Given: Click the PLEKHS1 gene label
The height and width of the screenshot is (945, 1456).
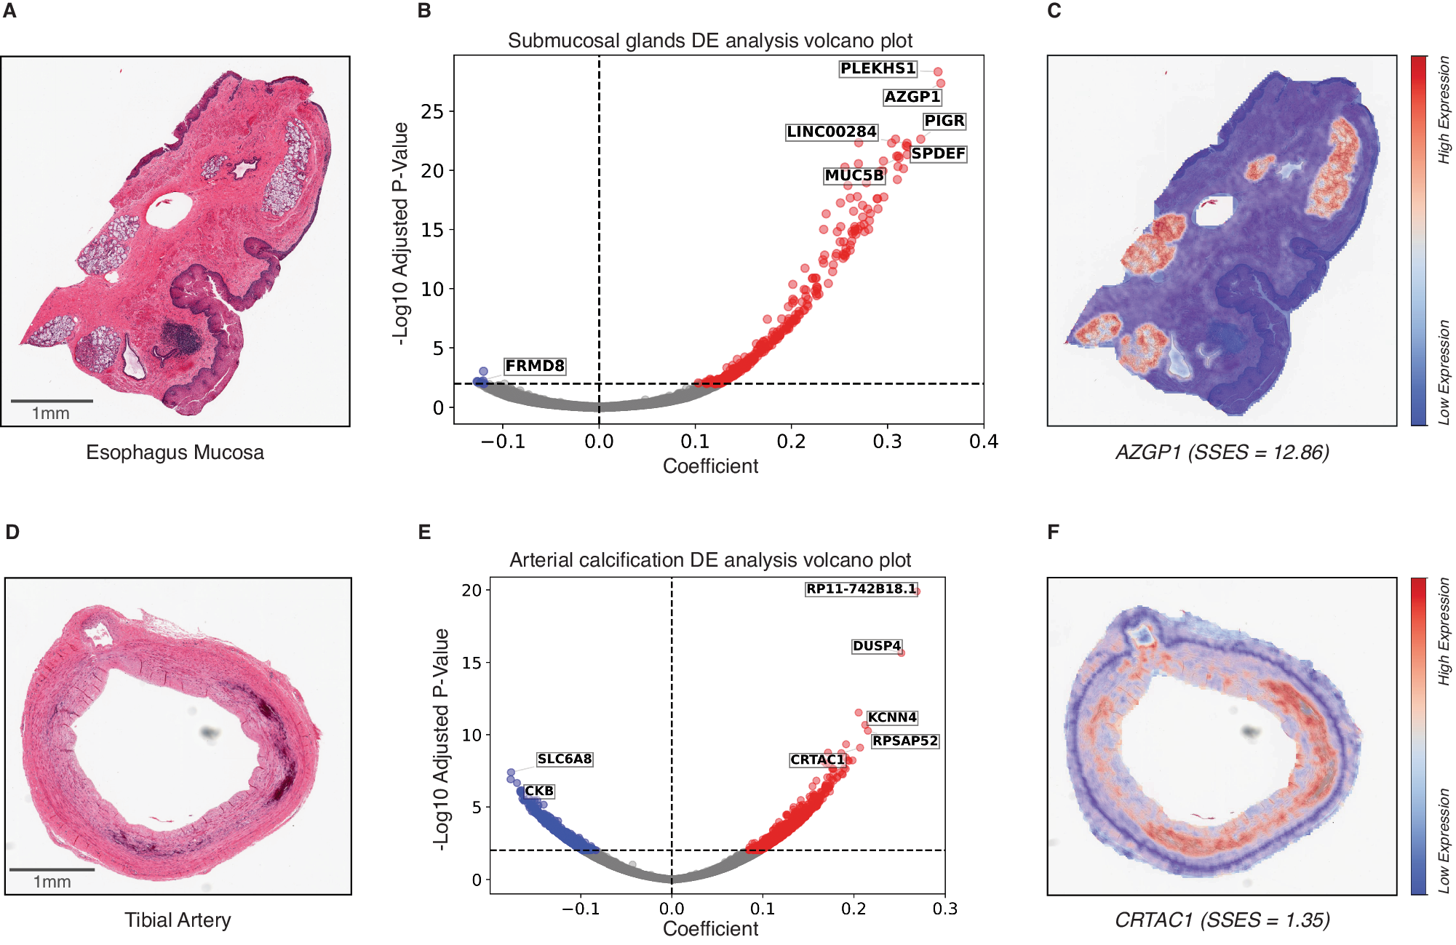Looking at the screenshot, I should coord(878,69).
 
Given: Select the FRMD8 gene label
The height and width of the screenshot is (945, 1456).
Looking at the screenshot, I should coord(535,366).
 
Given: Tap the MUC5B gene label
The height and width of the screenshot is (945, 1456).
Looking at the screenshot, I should coord(854,175).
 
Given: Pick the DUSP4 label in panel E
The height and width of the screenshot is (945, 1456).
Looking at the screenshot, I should coord(876,646).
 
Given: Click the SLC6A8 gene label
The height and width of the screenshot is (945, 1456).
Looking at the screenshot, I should coord(565,759).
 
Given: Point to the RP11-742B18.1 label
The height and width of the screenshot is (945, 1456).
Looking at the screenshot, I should coord(861,589).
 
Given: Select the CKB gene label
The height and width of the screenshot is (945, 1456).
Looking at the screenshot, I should coord(539,791).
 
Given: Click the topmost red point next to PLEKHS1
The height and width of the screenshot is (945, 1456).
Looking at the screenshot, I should coord(938,71).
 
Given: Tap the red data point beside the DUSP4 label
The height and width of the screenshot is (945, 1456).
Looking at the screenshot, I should coord(902,653).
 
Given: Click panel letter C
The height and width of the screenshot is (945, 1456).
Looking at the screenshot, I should coord(1054,11).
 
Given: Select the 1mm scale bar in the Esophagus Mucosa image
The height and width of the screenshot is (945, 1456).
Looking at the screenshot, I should coord(52,401).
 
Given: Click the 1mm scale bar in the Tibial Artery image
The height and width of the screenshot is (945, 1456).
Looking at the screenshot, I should coord(52,869).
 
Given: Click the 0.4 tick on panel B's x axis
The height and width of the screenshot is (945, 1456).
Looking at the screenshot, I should coord(984,442).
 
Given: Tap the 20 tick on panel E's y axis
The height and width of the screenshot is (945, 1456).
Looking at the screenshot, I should coord(472,590).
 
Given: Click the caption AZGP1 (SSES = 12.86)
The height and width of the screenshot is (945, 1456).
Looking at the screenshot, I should coord(1222,452).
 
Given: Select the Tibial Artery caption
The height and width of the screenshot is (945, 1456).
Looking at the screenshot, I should coord(178,920).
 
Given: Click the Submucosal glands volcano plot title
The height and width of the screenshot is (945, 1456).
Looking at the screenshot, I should coord(710,41).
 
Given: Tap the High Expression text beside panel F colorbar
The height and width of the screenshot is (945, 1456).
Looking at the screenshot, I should coord(1444,631).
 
